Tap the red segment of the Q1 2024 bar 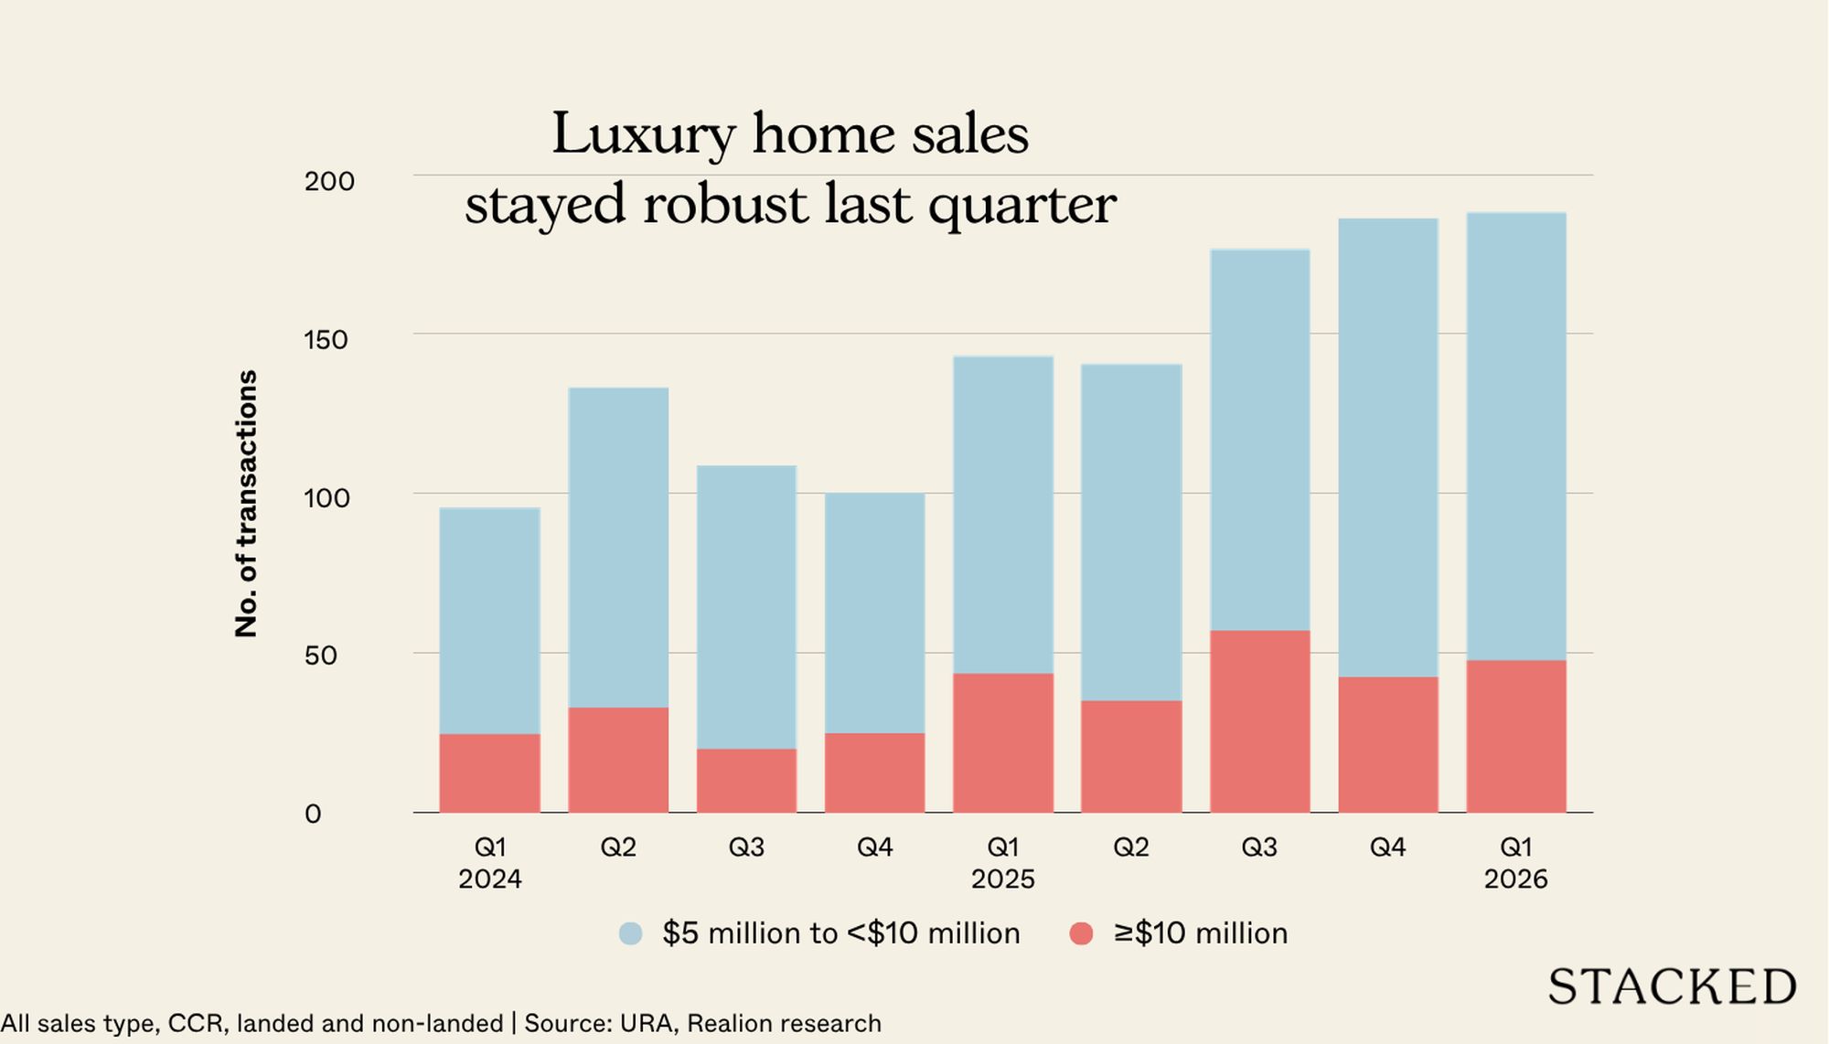tap(489, 772)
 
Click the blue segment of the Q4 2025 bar tap(1387, 447)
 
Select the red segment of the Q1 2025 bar tap(1002, 742)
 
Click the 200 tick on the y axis tap(329, 181)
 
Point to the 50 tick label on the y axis tap(320, 655)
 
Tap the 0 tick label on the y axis tap(313, 814)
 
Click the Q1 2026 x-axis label tap(1515, 862)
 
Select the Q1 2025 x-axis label tap(1002, 862)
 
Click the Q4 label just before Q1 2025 tap(874, 847)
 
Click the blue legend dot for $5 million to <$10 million tap(631, 933)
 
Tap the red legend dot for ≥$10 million tap(1081, 933)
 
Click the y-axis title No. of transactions tap(247, 503)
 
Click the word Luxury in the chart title tap(642, 134)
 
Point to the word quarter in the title tap(1021, 205)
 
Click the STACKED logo tap(1672, 986)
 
